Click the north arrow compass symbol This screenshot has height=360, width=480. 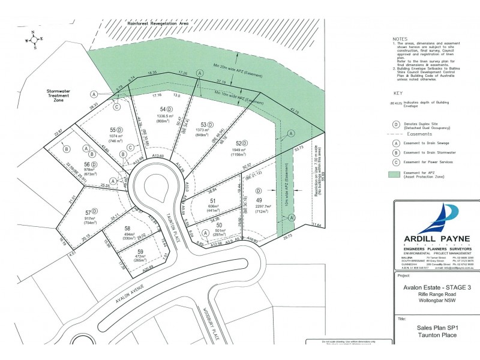[x=35, y=41]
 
